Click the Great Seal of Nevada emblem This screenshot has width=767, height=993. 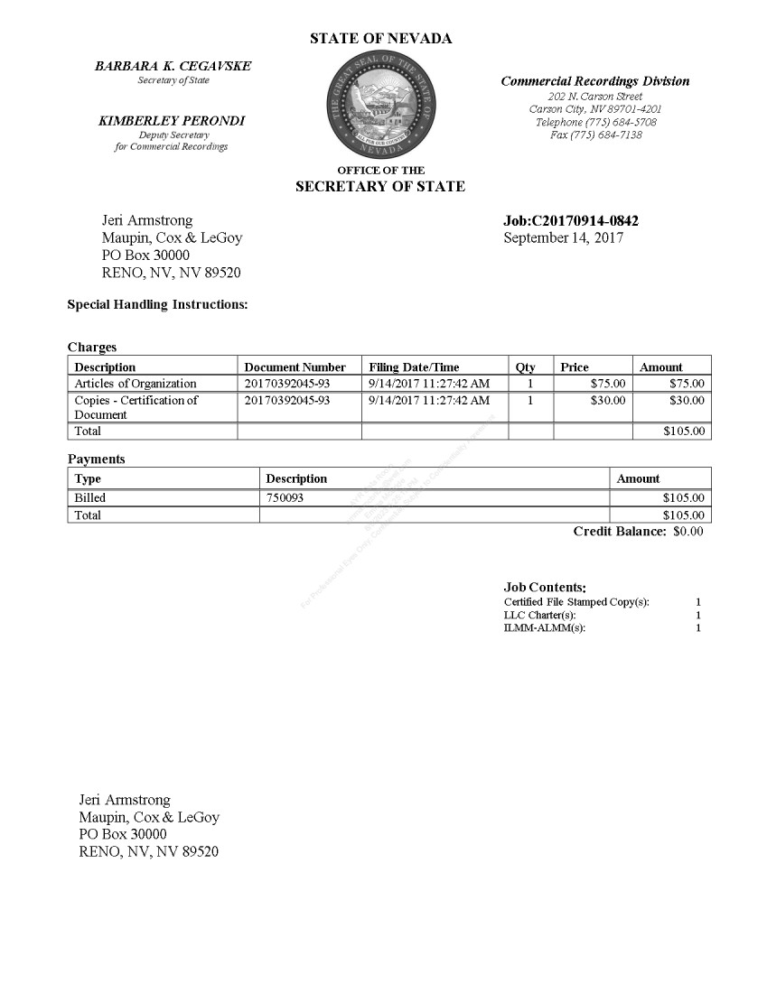click(381, 105)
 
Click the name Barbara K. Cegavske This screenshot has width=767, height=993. click(173, 67)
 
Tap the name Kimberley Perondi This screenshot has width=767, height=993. click(172, 121)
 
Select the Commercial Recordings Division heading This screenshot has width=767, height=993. click(595, 81)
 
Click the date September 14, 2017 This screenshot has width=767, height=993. click(563, 238)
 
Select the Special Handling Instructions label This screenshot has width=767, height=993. click(157, 305)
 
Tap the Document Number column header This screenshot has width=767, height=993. click(295, 367)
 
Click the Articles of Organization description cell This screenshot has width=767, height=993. click(136, 384)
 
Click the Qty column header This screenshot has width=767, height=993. click(525, 367)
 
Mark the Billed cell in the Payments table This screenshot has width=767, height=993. click(90, 497)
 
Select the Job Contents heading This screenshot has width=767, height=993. click(545, 588)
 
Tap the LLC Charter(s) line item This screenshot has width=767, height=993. click(539, 615)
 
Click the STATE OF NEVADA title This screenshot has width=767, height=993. click(381, 39)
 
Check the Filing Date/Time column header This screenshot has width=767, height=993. click(414, 367)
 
